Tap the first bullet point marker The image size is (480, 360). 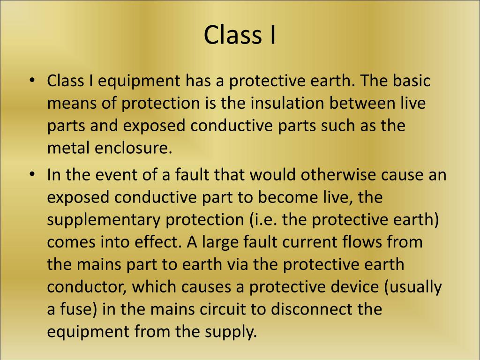coord(32,80)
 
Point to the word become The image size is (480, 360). coord(275,197)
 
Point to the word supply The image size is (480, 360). coord(232,332)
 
